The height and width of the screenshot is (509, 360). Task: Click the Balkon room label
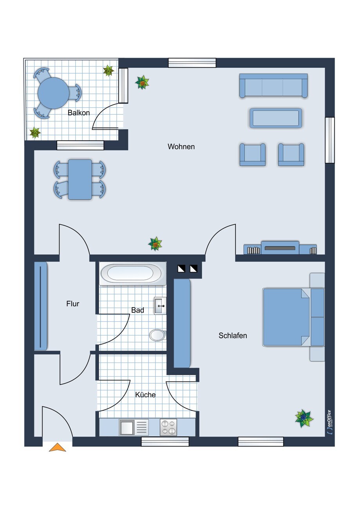click(79, 113)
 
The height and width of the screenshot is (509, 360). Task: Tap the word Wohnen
click(181, 146)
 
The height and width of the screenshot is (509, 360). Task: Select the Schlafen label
click(233, 336)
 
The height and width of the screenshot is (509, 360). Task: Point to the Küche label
click(145, 395)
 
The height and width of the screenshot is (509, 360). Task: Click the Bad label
click(138, 310)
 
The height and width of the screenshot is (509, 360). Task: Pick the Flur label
click(73, 303)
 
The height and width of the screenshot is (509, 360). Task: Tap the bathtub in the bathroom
click(133, 273)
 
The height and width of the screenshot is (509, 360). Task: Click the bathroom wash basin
click(160, 306)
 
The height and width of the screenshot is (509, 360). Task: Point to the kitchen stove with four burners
click(168, 428)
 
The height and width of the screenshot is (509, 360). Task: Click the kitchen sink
click(134, 428)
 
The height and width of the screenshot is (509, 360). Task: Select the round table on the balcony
click(53, 93)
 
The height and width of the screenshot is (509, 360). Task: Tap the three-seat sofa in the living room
click(273, 86)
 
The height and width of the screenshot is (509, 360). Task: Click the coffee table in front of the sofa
click(276, 118)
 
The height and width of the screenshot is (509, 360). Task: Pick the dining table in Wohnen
click(80, 179)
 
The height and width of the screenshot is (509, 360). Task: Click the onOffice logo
click(329, 422)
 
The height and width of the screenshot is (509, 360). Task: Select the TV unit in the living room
click(280, 248)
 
